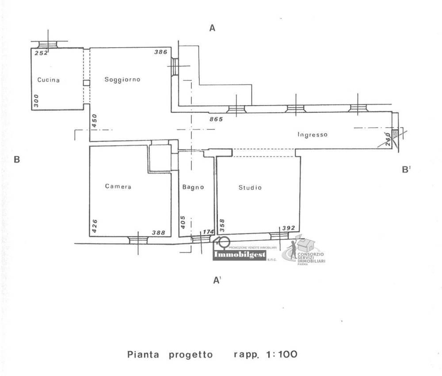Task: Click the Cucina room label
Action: click(49, 80)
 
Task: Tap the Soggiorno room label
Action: click(122, 80)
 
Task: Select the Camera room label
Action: click(118, 186)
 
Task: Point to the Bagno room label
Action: click(193, 187)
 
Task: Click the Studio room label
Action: click(250, 187)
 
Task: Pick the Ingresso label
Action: click(312, 135)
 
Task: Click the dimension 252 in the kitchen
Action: click(41, 53)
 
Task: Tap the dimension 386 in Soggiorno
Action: click(160, 52)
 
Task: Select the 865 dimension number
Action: click(216, 119)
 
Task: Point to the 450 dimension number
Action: click(94, 121)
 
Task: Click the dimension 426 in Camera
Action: click(94, 226)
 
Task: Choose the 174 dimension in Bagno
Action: click(207, 232)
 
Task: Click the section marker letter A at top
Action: click(212, 28)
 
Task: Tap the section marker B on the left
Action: click(17, 160)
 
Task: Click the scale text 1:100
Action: click(279, 354)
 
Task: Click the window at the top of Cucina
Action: click(47, 44)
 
